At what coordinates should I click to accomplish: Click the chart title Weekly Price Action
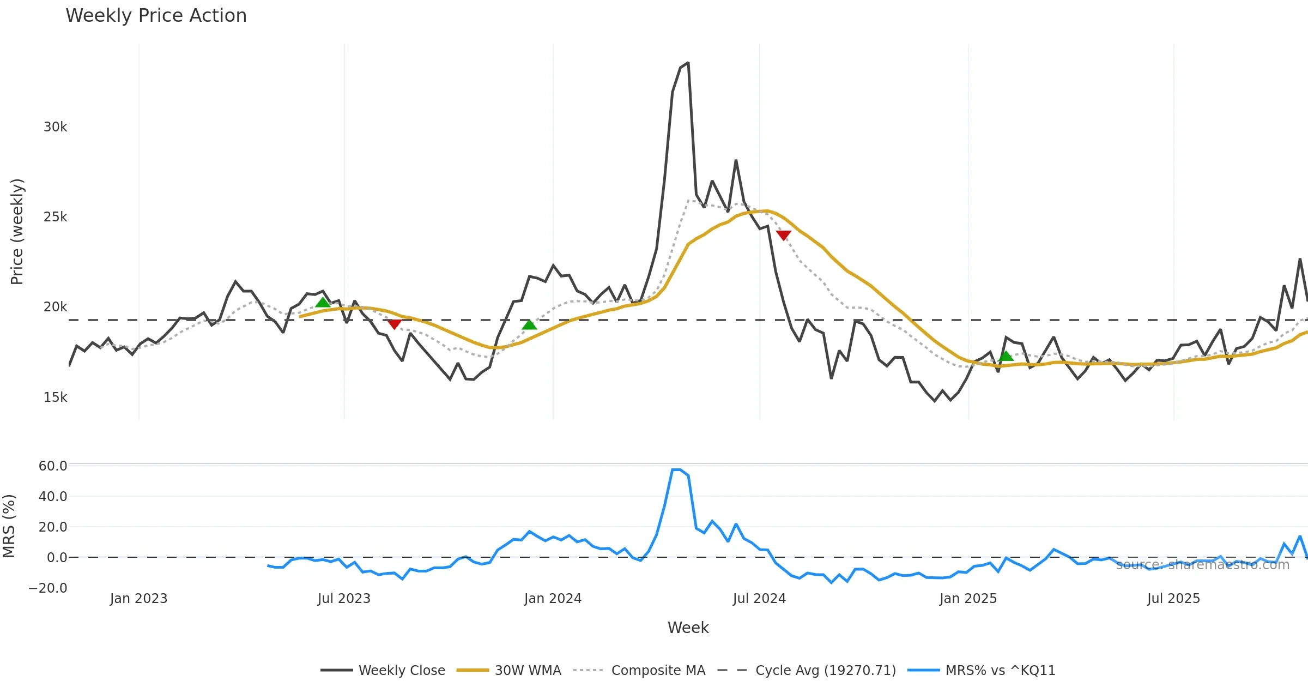click(x=156, y=16)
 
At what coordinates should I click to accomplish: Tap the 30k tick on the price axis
click(x=55, y=127)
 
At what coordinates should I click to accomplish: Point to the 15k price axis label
click(x=55, y=397)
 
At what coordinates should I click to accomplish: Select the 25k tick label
click(x=55, y=217)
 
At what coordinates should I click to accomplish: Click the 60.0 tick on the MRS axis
click(x=53, y=466)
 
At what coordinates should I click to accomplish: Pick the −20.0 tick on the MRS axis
click(x=48, y=588)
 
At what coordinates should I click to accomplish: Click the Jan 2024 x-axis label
click(x=553, y=599)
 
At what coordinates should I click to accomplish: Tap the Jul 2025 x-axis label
click(x=1173, y=599)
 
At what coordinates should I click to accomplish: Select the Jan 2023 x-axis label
click(x=138, y=599)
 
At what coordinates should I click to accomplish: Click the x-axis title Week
click(x=688, y=628)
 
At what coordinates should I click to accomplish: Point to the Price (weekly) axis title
click(x=17, y=232)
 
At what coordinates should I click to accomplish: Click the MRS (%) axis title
click(x=9, y=526)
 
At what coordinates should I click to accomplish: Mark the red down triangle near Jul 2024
click(x=783, y=235)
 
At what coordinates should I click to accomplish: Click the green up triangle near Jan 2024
click(x=529, y=325)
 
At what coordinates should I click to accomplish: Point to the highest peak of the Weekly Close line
click(x=688, y=63)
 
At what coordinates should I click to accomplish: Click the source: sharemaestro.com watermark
click(x=1202, y=565)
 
